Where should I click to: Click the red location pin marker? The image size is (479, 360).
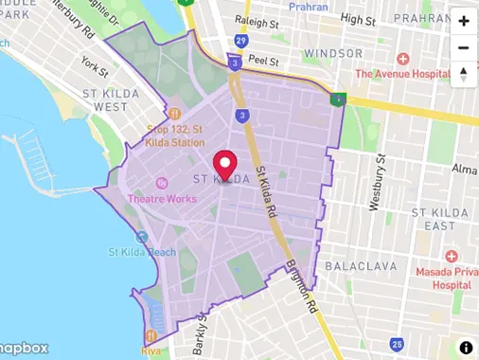pyautogui.click(x=224, y=165)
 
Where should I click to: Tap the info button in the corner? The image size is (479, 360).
pyautogui.click(x=466, y=348)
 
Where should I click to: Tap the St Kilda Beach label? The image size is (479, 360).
pyautogui.click(x=142, y=252)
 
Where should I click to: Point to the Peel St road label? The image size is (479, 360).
pyautogui.click(x=263, y=60)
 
